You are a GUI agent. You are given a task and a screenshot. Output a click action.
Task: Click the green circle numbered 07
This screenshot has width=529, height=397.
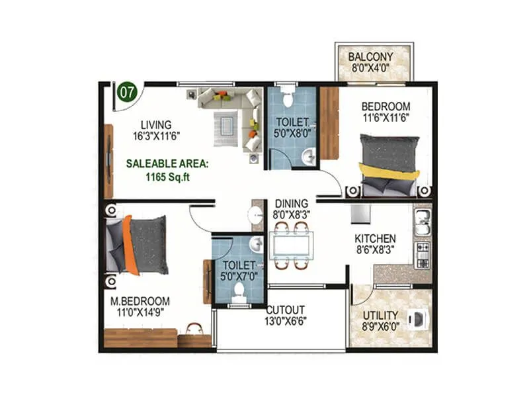pyautogui.click(x=128, y=91)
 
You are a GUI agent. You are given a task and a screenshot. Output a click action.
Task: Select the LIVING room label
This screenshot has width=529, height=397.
pyautogui.click(x=155, y=124)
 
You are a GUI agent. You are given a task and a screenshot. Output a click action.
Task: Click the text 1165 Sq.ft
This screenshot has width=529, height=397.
pyautogui.click(x=163, y=177)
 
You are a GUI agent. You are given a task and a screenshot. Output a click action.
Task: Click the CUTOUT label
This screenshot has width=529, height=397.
pyautogui.click(x=286, y=310)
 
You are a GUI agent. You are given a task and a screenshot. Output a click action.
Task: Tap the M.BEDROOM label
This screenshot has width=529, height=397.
pyautogui.click(x=140, y=300)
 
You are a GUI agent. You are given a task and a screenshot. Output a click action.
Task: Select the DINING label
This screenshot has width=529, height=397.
pyautogui.click(x=292, y=204)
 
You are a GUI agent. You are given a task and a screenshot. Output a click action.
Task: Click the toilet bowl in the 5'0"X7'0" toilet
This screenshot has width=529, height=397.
pyautogui.click(x=239, y=292)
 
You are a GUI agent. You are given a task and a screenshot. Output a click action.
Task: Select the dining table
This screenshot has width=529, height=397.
pyautogui.click(x=292, y=245)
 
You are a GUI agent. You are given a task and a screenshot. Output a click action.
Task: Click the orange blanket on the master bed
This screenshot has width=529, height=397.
pyautogui.click(x=131, y=244)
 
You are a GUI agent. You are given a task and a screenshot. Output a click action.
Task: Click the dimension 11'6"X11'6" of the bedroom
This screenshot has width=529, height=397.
pyautogui.click(x=385, y=119)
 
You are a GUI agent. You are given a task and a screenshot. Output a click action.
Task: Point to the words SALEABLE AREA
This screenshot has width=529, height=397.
pyautogui.click(x=168, y=162)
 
